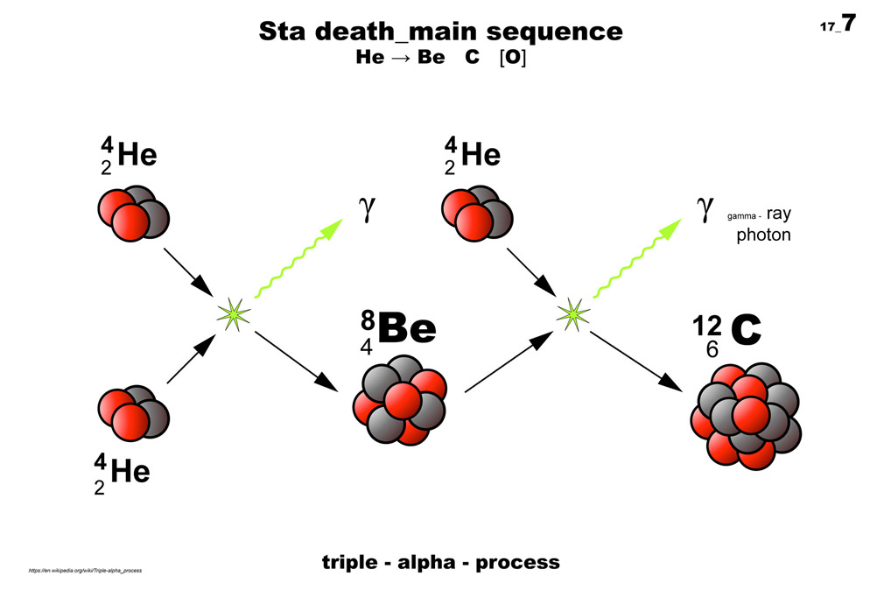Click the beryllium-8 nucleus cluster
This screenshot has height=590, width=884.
400,401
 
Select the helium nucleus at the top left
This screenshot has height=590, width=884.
132,211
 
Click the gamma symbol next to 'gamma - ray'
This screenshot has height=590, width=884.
705,209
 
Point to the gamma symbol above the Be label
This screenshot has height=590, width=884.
365,209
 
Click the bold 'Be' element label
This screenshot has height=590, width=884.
406,329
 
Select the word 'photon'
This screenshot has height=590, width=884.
763,235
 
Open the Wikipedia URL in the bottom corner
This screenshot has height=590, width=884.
85,571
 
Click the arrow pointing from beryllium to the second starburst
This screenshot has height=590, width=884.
503,362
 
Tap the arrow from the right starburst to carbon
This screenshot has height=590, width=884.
644,361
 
